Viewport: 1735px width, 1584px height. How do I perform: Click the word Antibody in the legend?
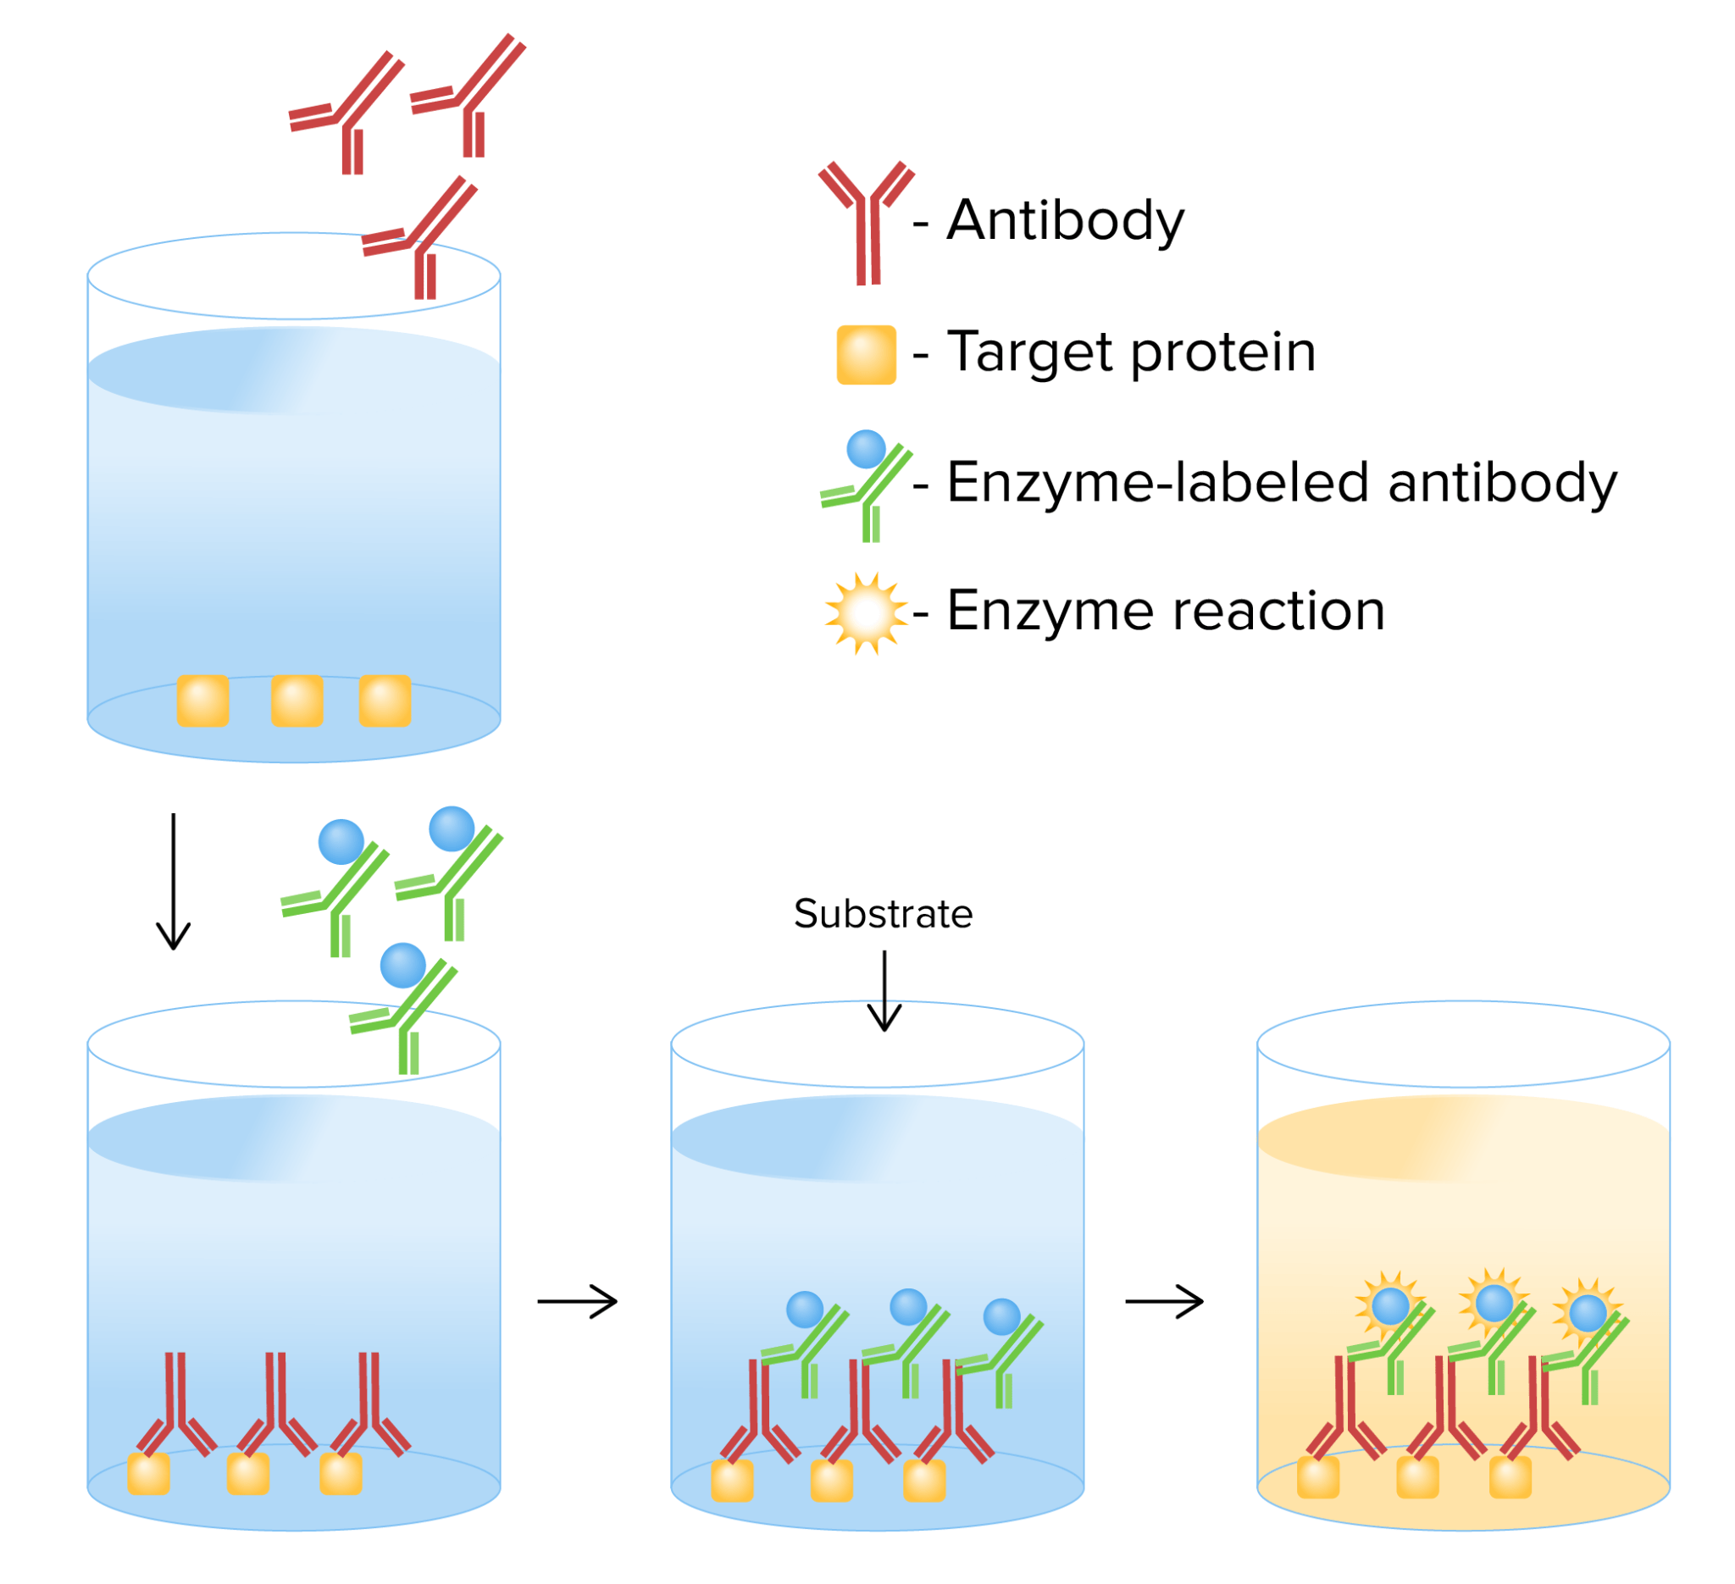(x=1066, y=220)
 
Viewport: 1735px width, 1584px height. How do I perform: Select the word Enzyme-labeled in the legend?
(x=1158, y=483)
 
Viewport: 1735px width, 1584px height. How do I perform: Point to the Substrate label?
(x=883, y=915)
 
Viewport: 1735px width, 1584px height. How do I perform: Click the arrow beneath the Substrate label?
(x=884, y=989)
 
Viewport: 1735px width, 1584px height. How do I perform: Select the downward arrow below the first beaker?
(x=174, y=881)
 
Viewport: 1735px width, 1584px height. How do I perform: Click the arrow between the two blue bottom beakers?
(x=578, y=1302)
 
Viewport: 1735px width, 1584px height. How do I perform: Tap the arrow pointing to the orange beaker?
(x=1164, y=1302)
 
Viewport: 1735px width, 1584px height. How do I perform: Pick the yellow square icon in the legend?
(x=867, y=354)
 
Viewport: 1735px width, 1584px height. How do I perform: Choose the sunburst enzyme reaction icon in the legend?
(x=867, y=613)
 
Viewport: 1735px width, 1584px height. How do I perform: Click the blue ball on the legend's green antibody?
(x=867, y=449)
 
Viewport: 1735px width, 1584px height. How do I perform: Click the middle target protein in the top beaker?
(x=297, y=701)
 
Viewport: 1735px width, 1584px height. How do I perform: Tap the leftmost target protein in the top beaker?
(x=203, y=701)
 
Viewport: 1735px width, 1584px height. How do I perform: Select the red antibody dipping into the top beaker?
(x=420, y=241)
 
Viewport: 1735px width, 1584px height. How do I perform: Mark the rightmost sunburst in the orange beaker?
(x=1588, y=1313)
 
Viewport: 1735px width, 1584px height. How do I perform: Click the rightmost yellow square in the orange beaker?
(x=1511, y=1477)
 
